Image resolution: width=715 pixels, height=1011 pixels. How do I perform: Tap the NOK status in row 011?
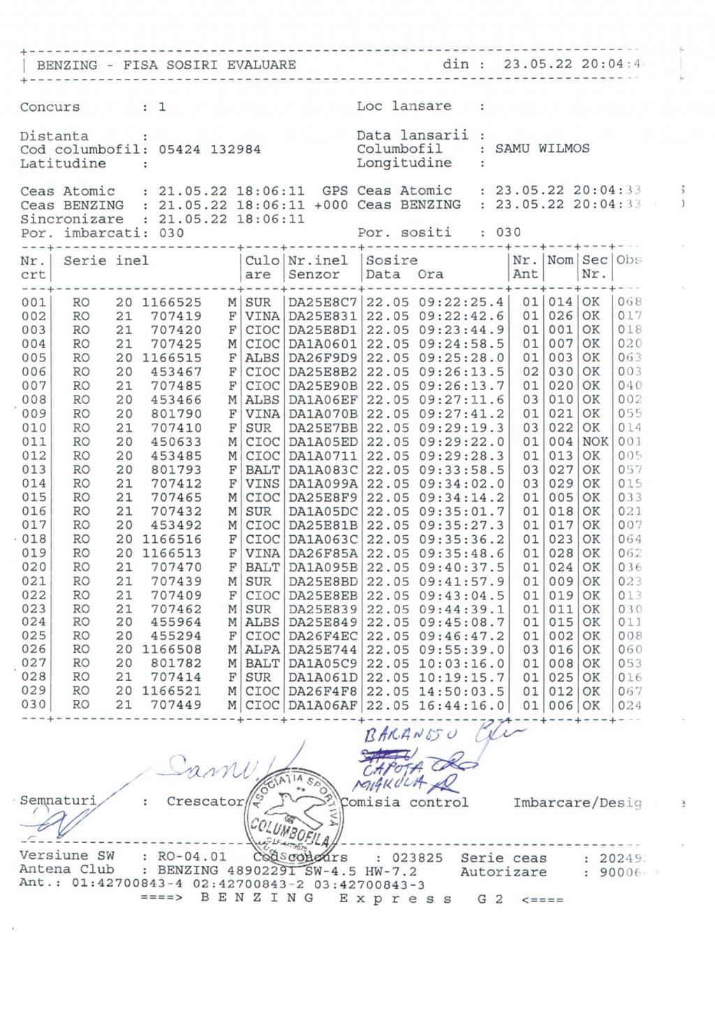coord(595,442)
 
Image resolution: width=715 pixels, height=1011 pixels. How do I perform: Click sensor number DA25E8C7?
coord(323,302)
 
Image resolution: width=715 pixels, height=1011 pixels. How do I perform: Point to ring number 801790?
coord(176,414)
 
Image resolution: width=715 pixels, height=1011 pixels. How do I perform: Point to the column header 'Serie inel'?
coord(106,261)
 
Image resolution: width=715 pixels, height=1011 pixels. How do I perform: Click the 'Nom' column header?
coord(560,260)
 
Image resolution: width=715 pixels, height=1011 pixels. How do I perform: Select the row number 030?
coord(33,705)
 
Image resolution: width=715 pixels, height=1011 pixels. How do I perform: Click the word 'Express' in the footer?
coord(396,899)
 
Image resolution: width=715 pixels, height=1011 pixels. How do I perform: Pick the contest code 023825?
coord(417,858)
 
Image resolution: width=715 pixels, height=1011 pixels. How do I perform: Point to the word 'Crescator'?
coord(205,802)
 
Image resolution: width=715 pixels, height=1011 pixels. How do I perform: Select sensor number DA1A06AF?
coord(323,705)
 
